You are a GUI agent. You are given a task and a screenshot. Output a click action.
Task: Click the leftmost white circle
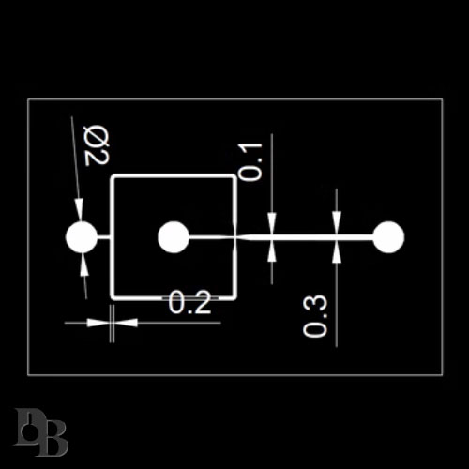[x=82, y=237]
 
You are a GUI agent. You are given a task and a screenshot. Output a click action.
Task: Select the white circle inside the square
[x=174, y=237]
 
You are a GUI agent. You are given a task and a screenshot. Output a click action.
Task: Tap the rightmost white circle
[x=388, y=237]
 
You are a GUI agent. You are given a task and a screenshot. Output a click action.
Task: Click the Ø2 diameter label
[x=97, y=145]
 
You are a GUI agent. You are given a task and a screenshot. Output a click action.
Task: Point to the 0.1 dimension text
[x=250, y=162]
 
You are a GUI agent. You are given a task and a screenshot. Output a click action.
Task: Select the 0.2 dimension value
[x=189, y=302]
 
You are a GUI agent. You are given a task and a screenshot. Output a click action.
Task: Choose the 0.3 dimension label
[x=315, y=316]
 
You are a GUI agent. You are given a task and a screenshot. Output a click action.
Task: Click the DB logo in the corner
[x=40, y=431]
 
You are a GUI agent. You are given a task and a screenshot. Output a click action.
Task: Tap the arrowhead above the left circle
[x=79, y=210]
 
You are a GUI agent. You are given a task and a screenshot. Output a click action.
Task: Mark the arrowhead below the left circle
[x=83, y=265]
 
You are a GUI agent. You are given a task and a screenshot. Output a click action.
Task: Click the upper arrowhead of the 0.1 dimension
[x=272, y=223]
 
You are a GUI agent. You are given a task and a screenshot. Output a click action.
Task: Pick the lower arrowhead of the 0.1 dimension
[x=272, y=250]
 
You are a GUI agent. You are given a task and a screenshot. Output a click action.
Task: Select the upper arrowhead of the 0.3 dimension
[x=337, y=222]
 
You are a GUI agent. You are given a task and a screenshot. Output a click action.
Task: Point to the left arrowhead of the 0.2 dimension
[x=98, y=323]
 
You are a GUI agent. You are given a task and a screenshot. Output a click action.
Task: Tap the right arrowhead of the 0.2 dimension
[x=126, y=323]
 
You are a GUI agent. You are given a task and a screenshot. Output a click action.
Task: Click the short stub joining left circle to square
[x=104, y=237]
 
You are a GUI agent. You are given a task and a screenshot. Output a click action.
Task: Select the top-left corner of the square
[x=112, y=176]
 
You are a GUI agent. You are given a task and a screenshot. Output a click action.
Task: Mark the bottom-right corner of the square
[x=235, y=298]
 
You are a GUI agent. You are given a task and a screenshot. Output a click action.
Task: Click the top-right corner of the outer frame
[x=442, y=99]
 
